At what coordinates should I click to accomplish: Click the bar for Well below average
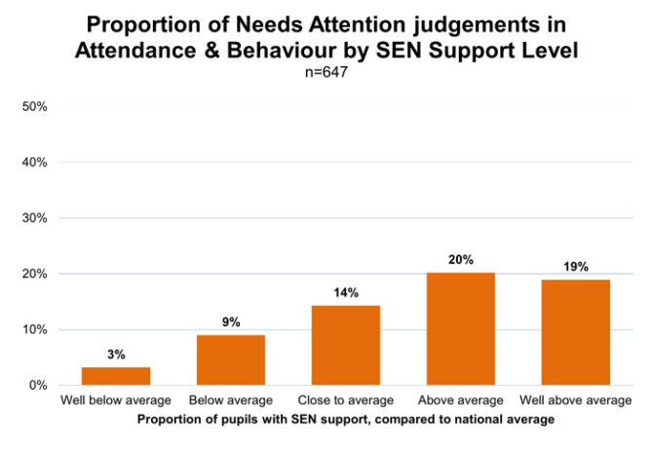[116, 376]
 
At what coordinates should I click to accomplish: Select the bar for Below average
[231, 359]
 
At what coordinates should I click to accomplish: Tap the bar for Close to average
[346, 345]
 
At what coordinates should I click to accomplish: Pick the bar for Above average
[461, 328]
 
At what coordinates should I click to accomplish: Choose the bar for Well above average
[576, 332]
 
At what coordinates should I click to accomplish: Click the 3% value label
[116, 355]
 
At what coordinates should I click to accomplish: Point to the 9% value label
[231, 321]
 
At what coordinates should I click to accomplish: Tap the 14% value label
[346, 292]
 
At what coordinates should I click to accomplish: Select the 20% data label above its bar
[461, 260]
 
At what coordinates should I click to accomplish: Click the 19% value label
[576, 267]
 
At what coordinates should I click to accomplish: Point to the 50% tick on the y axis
[34, 106]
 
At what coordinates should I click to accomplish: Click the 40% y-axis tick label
[34, 163]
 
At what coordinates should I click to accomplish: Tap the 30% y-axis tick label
[34, 218]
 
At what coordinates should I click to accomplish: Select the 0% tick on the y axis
[38, 386]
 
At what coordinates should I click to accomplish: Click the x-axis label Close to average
[346, 401]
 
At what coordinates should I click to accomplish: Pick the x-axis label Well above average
[576, 401]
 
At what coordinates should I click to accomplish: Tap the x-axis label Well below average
[116, 401]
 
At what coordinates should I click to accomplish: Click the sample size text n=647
[326, 70]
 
